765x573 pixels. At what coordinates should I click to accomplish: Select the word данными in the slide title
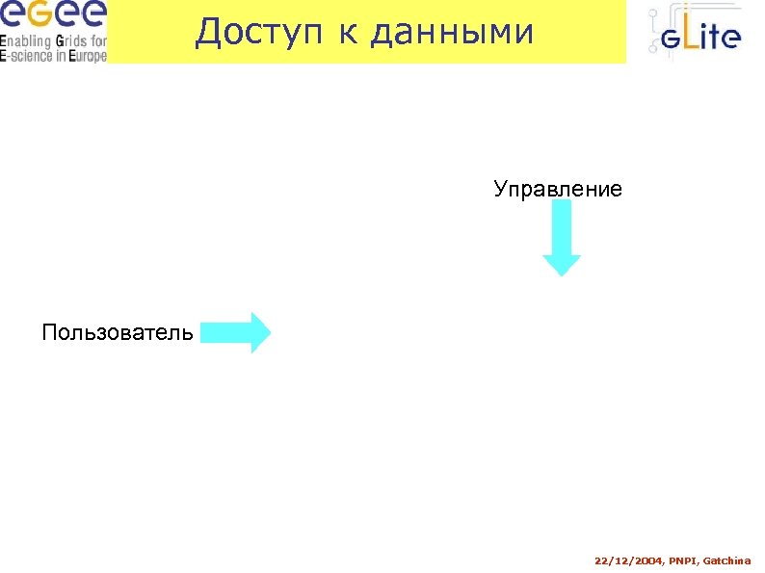[451, 33]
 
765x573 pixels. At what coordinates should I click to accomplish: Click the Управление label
[558, 189]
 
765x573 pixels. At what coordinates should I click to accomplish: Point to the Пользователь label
[118, 333]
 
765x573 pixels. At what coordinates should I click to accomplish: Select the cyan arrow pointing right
[235, 333]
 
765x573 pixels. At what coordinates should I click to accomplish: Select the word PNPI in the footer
[680, 560]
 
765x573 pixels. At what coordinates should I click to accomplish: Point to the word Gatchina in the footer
[727, 560]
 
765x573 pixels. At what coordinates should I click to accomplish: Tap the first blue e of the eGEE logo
[13, 15]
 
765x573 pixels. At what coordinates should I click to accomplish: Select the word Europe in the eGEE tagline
[84, 56]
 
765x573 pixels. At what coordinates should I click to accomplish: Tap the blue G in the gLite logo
[672, 39]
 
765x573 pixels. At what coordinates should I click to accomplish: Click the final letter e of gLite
[731, 39]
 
